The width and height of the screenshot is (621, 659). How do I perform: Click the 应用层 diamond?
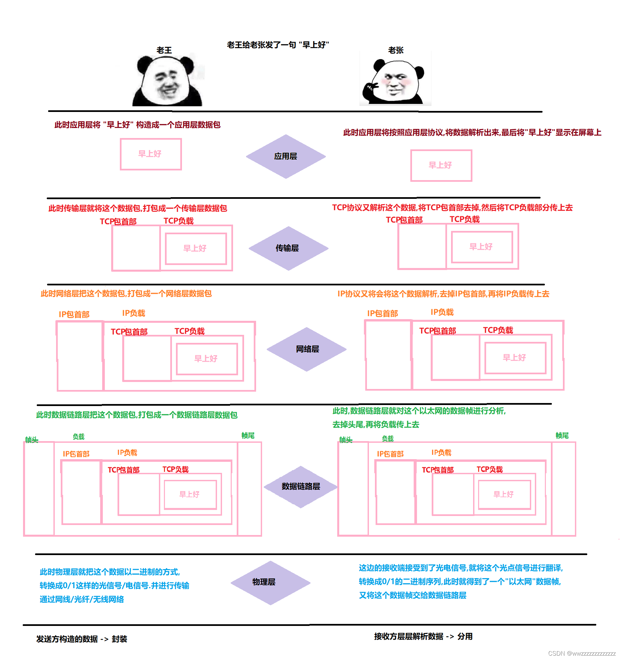(x=286, y=156)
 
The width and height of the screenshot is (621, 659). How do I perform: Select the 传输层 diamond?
(x=288, y=248)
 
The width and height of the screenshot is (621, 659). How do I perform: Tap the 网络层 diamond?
(x=307, y=349)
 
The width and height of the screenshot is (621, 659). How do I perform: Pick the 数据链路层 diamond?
(x=300, y=487)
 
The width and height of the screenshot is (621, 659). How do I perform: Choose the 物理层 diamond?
(x=270, y=582)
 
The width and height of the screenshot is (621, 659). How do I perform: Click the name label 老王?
(x=164, y=50)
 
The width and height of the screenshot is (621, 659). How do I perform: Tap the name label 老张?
(x=396, y=50)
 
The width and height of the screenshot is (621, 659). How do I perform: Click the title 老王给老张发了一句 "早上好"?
(x=278, y=45)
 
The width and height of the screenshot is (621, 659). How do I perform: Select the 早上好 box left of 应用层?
(x=151, y=154)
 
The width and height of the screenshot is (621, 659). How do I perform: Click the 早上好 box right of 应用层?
(x=441, y=165)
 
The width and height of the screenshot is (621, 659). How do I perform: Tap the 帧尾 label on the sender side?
(x=248, y=435)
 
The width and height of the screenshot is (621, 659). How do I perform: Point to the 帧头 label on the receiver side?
(x=346, y=440)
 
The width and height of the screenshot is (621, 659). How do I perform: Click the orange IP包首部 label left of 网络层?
(x=74, y=314)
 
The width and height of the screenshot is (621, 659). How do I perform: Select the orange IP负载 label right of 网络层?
(x=442, y=312)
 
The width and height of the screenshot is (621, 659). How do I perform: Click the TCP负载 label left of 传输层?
(x=178, y=221)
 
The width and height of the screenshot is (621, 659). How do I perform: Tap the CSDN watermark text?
(x=582, y=653)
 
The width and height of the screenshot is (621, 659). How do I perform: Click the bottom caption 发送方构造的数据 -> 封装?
(x=81, y=639)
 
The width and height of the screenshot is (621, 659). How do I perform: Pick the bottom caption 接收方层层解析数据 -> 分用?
(x=423, y=636)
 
